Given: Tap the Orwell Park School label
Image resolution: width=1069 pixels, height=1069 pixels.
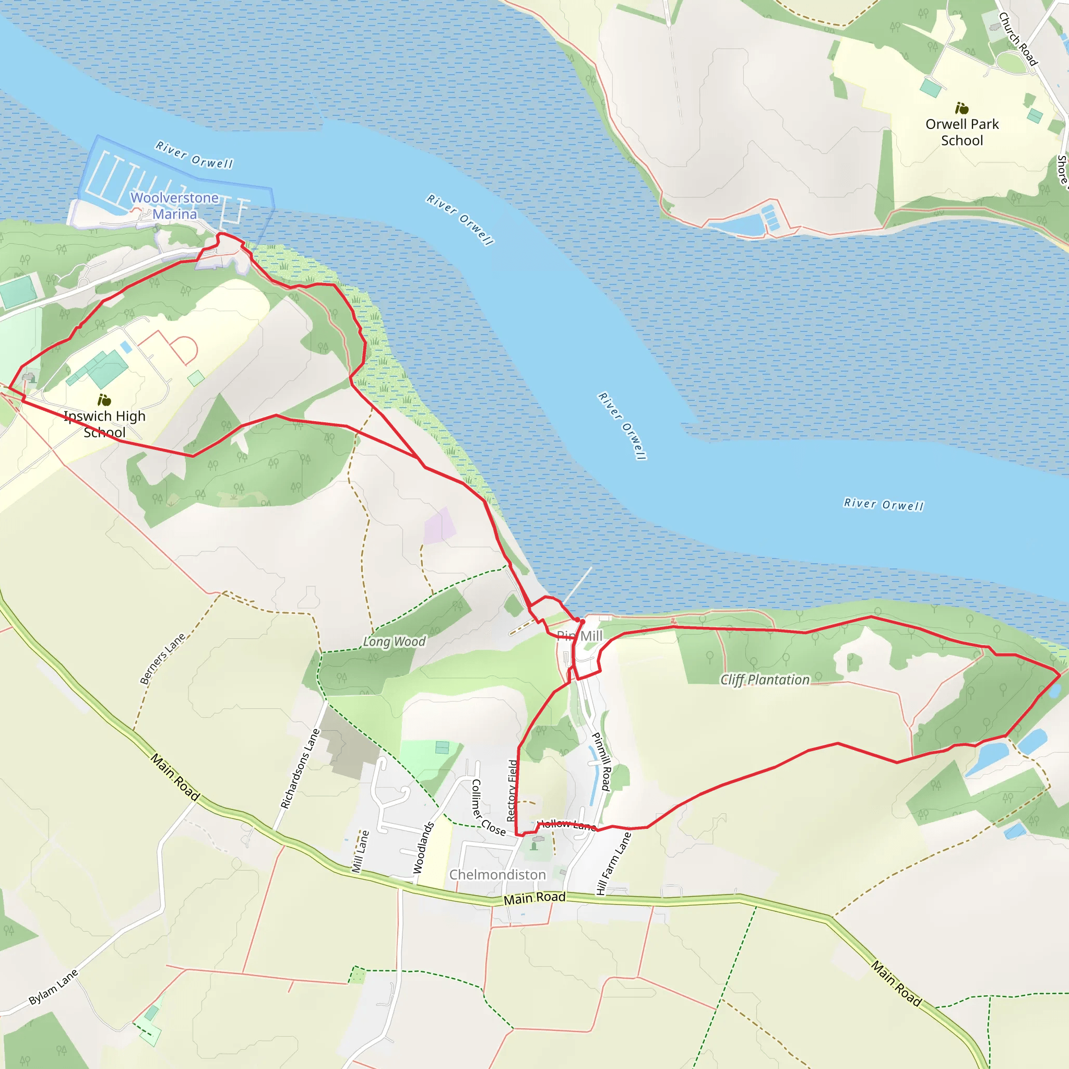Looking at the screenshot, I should click(x=961, y=132).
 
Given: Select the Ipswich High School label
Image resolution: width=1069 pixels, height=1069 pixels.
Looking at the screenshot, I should click(x=104, y=424).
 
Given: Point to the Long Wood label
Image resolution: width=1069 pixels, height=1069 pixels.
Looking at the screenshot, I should click(x=394, y=642).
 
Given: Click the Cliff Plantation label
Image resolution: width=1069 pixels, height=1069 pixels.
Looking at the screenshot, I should click(x=764, y=680).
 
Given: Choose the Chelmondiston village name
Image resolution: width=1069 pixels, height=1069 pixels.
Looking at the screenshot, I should click(x=497, y=875).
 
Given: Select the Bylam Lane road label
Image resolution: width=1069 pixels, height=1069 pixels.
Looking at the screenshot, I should click(x=53, y=987).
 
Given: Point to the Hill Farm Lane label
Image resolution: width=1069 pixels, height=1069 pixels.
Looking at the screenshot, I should click(x=613, y=863).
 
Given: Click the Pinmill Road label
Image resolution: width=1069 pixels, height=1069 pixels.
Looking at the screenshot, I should click(x=601, y=762).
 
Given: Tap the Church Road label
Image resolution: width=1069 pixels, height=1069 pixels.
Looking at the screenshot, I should click(x=1017, y=39).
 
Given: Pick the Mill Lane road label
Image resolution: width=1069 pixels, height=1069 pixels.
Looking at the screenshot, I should click(x=360, y=851).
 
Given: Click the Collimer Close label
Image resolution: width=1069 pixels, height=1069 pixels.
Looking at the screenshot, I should click(x=487, y=809).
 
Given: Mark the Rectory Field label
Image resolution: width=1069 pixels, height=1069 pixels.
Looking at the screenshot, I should click(x=513, y=791).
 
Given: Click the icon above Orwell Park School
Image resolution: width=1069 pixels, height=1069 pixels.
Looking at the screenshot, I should click(x=961, y=108).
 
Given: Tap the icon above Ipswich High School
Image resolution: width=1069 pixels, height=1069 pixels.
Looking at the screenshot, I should click(x=104, y=399).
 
